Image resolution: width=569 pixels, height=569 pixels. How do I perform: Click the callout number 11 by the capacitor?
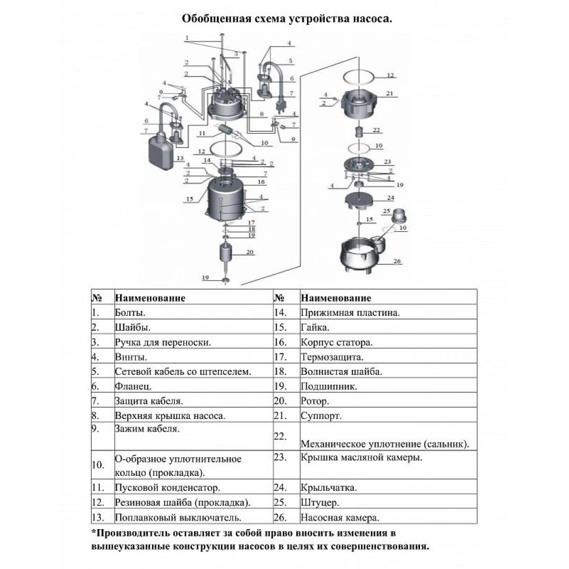pyautogui.click(x=202, y=133)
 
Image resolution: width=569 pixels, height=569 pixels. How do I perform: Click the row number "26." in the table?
pyautogui.click(x=280, y=517)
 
